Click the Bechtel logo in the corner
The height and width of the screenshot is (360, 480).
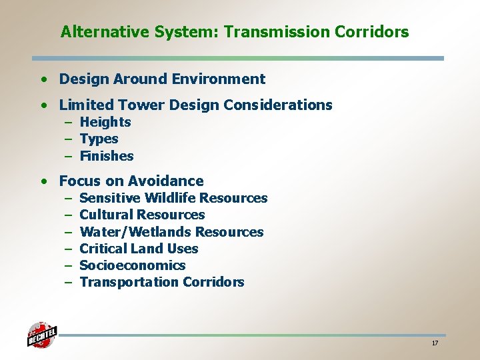pos(42,334)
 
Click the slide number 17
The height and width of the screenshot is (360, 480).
pos(435,343)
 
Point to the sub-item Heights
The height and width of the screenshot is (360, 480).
pos(105,122)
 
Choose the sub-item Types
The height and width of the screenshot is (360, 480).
pos(99,139)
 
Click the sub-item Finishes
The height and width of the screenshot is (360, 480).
pos(107,156)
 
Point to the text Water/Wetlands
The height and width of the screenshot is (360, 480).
pos(127,232)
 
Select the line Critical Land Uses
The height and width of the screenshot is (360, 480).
pos(139,249)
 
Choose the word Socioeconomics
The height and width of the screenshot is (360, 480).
pos(132,265)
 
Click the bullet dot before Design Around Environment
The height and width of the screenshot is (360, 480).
pos(43,79)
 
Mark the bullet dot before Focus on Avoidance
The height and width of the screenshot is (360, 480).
pos(43,181)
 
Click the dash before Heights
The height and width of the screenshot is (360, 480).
pos(69,123)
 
